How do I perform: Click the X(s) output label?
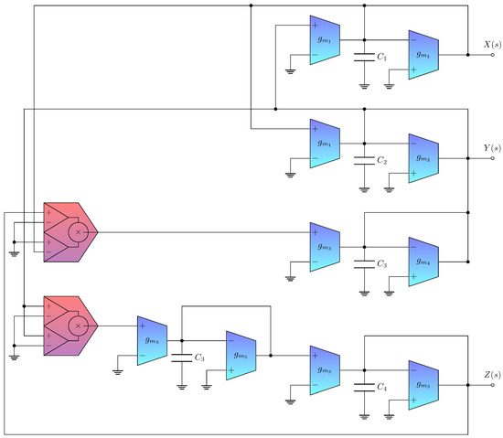[490, 44]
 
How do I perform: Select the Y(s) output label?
[490, 147]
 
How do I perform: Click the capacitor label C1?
[383, 57]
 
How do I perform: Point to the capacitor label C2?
[383, 160]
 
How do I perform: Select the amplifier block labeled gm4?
[423, 262]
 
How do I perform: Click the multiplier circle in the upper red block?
[79, 232]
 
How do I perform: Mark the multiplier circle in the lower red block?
[79, 326]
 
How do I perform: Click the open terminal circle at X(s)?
[492, 55]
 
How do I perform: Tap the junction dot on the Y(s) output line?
[467, 158]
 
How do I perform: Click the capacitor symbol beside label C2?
[364, 160]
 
